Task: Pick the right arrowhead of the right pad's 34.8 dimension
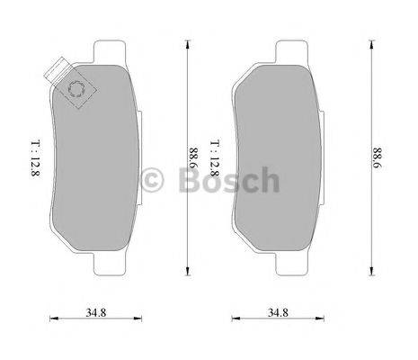tap(318, 318)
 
